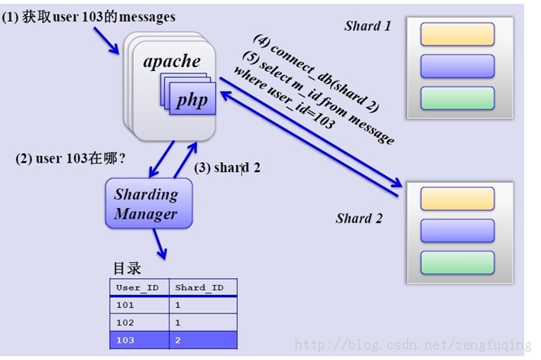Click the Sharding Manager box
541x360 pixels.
(x=148, y=204)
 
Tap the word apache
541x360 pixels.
(x=172, y=61)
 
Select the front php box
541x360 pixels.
(x=192, y=101)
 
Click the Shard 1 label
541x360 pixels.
(x=368, y=26)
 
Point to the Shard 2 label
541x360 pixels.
(x=358, y=219)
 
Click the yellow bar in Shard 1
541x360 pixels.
(x=458, y=34)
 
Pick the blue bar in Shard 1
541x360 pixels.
(x=458, y=66)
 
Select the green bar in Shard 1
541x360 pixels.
(x=458, y=98)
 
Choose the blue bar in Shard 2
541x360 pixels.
(x=458, y=230)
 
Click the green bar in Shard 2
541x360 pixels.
(x=458, y=262)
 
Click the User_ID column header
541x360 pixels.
(x=138, y=287)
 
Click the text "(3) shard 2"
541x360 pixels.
(x=227, y=167)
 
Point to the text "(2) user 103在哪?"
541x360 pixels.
(x=70, y=160)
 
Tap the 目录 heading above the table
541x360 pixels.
(x=127, y=269)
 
